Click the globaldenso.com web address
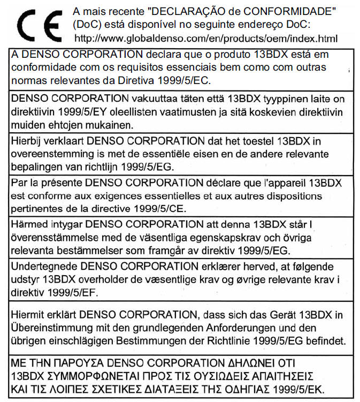pos(206,39)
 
